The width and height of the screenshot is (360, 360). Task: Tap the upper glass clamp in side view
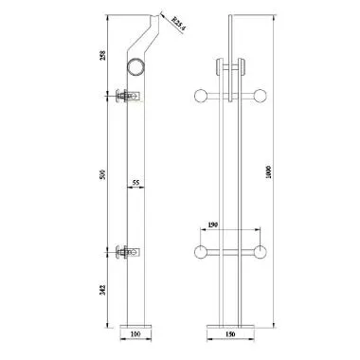126,96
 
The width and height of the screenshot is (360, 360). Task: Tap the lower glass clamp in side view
126,252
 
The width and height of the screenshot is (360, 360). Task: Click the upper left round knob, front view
200,96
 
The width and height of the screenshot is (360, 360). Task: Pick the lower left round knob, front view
200,252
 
